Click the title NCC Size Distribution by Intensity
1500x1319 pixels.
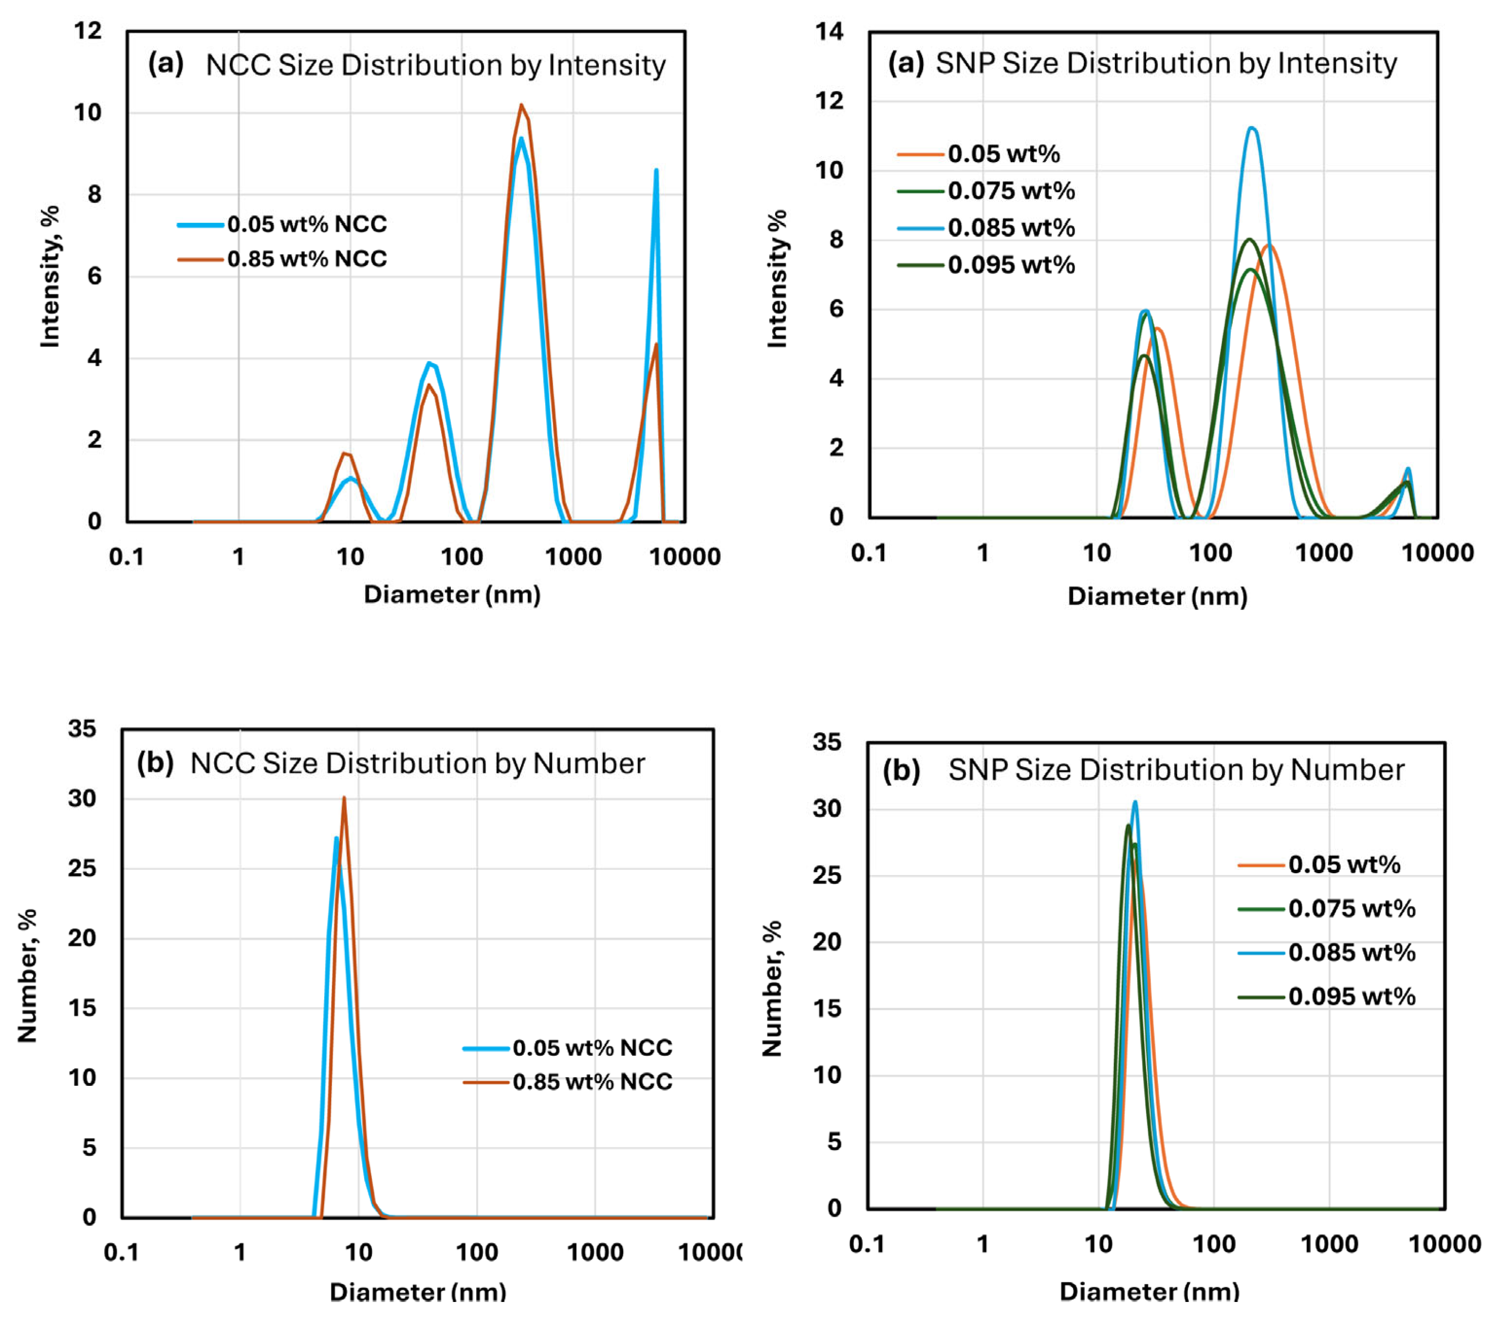(435, 65)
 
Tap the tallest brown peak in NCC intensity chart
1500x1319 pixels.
(521, 106)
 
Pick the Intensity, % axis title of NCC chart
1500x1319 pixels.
(50, 276)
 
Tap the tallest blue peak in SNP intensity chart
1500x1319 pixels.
(1252, 128)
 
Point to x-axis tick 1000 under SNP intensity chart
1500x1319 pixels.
(1324, 552)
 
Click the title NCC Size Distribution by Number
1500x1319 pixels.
(417, 764)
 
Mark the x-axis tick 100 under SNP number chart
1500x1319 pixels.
(1214, 1244)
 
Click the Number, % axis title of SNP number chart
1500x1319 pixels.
(772, 989)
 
